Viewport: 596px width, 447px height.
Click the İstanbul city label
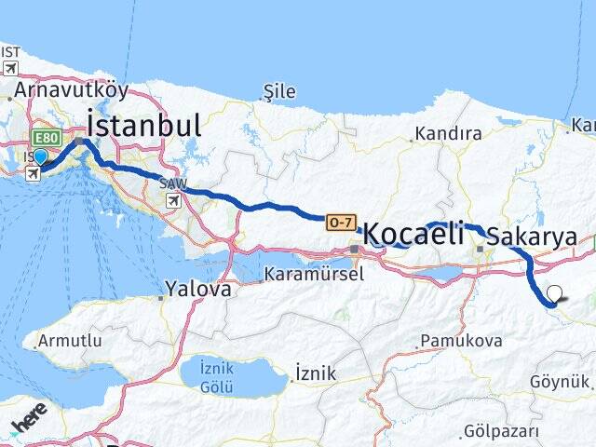(x=143, y=125)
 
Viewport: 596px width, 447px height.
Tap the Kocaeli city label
(x=409, y=234)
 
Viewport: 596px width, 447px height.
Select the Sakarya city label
(x=532, y=236)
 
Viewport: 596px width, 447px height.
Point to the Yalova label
(x=197, y=289)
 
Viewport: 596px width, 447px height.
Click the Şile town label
(x=279, y=91)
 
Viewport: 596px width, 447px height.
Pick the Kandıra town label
(x=448, y=133)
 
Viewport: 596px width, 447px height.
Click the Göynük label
(x=561, y=382)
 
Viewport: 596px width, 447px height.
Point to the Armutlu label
(x=71, y=341)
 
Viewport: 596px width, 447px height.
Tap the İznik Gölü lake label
(x=223, y=378)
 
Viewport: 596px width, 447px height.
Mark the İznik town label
(x=314, y=372)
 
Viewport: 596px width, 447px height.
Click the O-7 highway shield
(x=339, y=223)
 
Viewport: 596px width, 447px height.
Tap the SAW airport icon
(x=173, y=199)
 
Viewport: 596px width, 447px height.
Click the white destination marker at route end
(x=555, y=294)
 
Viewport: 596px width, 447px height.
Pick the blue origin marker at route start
(x=40, y=156)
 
